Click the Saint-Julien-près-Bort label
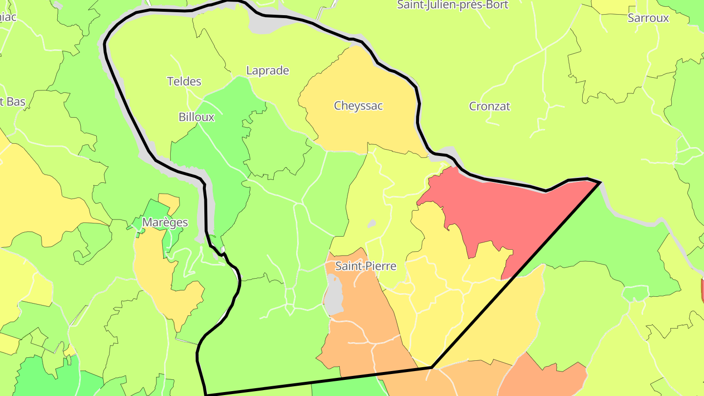tap(452, 5)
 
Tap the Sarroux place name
tap(648, 19)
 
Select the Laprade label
tap(267, 71)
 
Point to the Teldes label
tap(184, 82)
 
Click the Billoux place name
tap(197, 117)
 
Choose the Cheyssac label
tap(358, 106)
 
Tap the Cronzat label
tap(489, 107)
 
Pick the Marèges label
tap(165, 223)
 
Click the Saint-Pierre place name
tap(366, 266)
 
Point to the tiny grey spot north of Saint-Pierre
tap(372, 223)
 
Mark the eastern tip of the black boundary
tap(600, 182)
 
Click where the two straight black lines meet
tap(432, 367)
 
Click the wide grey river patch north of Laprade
tap(266, 22)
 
